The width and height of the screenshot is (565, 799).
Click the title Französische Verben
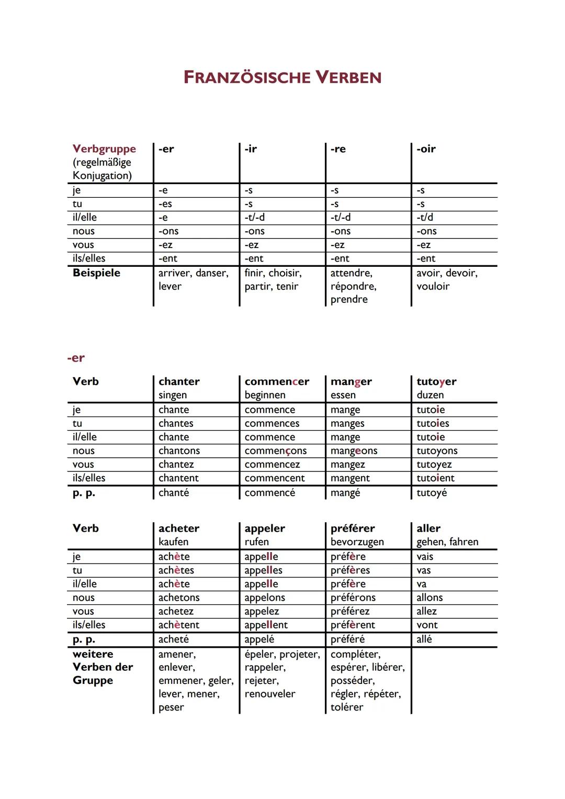tap(282, 77)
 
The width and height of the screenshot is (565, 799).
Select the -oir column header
tap(426, 149)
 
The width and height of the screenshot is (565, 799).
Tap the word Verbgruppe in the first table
tap(104, 149)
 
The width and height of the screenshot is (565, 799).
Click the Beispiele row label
tap(96, 273)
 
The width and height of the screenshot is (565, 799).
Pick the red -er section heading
tap(76, 358)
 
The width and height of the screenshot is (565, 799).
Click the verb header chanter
tap(179, 381)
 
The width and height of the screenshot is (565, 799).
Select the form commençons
tap(275, 451)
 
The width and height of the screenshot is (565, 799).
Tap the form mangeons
tap(354, 451)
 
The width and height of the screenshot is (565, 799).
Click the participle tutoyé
tap(432, 493)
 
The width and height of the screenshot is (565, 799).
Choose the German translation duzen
tap(430, 395)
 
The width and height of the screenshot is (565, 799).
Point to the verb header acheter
tap(179, 528)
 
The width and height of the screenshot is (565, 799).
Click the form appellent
tap(266, 625)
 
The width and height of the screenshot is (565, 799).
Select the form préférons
tap(353, 598)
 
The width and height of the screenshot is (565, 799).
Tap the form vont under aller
tap(427, 625)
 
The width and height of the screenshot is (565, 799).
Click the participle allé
tap(424, 639)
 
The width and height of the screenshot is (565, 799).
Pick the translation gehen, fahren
tap(447, 542)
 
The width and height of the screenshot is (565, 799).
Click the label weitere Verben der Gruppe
tap(103, 667)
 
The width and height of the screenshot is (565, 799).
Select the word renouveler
tap(269, 694)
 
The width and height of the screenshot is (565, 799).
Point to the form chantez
tap(176, 465)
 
